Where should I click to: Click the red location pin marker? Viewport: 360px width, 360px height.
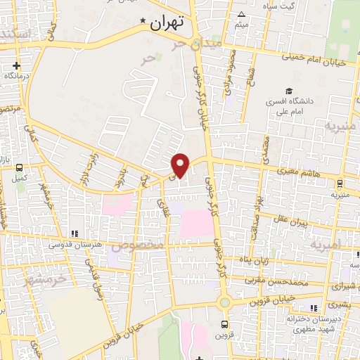(181, 165)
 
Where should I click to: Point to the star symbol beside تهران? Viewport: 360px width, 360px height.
(144, 22)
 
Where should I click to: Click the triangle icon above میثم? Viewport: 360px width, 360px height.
(242, 14)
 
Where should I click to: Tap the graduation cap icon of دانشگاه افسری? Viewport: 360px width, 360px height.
(289, 91)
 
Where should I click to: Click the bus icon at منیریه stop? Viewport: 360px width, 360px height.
(340, 184)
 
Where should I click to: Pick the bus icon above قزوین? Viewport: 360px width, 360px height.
(224, 325)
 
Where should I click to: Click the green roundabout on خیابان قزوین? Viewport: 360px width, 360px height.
(225, 302)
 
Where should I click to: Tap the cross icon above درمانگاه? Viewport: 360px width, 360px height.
(16, 65)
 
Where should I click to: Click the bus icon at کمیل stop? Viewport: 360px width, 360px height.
(19, 167)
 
